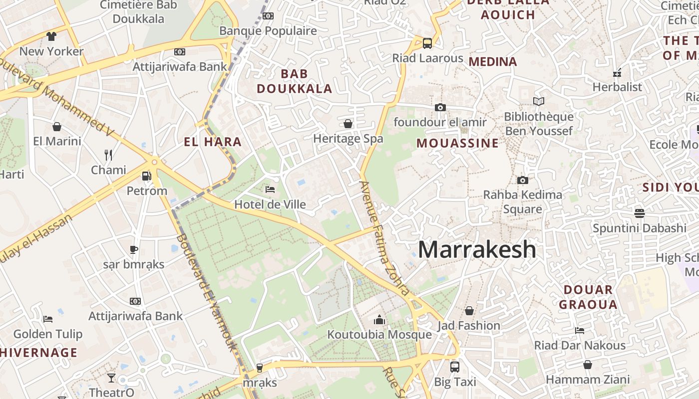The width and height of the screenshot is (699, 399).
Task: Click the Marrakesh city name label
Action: tap(477, 249)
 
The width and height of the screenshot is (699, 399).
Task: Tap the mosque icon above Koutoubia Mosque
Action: tap(379, 319)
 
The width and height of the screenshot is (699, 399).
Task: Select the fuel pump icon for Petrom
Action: tap(146, 176)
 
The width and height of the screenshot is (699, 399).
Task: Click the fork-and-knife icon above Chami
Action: tap(108, 155)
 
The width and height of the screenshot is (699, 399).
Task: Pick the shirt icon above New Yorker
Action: tap(51, 36)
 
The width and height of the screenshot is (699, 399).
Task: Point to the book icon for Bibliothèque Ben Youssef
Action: tap(538, 102)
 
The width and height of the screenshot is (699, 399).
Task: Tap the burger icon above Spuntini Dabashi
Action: tap(640, 213)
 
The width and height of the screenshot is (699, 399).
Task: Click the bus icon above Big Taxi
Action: tap(454, 367)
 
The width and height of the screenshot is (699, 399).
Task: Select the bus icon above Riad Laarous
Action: tap(427, 43)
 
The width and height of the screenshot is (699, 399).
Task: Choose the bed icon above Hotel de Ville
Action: tap(270, 189)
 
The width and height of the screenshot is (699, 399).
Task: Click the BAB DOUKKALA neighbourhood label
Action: tap(294, 81)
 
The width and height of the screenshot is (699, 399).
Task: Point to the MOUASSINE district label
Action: tap(457, 143)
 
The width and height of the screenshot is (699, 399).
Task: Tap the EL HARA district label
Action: tap(213, 142)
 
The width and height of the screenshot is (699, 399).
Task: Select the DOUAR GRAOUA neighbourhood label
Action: tap(588, 297)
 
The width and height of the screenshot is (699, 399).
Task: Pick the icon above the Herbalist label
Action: tap(617, 72)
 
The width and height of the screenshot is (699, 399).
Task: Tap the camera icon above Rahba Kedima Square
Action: tap(523, 180)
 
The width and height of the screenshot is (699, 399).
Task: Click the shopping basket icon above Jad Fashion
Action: tap(469, 311)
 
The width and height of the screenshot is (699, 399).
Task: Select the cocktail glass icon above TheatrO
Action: tap(111, 378)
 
